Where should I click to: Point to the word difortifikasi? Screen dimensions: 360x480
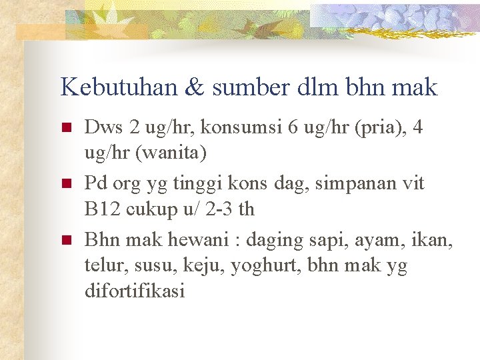pyautogui.click(x=135, y=292)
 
